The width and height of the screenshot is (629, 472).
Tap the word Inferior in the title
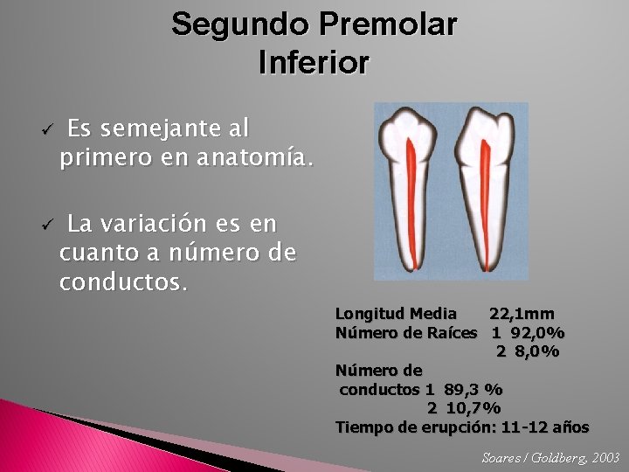(x=314, y=62)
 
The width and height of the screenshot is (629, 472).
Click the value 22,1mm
(x=522, y=313)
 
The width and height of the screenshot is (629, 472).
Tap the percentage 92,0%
(x=538, y=332)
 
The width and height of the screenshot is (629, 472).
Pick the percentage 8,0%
(x=537, y=351)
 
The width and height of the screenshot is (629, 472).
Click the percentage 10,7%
(x=473, y=408)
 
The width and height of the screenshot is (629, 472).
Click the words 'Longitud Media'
(x=396, y=313)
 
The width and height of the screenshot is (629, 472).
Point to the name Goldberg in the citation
(x=553, y=457)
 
